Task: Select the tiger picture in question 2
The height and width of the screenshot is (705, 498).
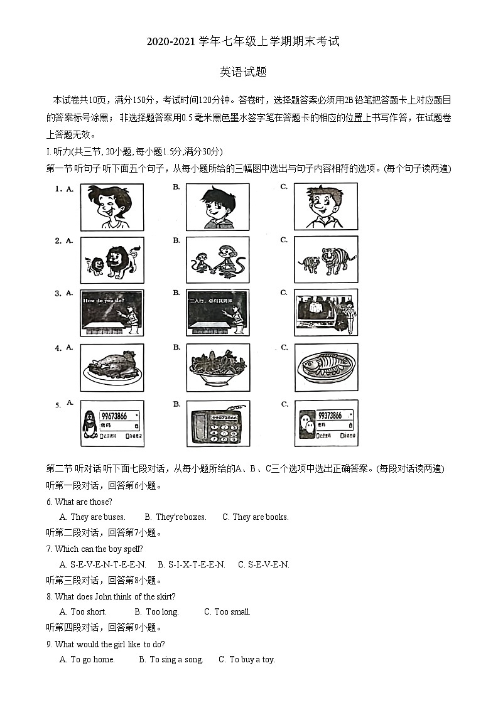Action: tap(326, 260)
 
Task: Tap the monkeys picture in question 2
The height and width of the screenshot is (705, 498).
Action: tap(218, 260)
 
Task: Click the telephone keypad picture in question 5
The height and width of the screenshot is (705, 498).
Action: tap(218, 424)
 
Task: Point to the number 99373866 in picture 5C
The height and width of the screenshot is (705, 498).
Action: tap(330, 416)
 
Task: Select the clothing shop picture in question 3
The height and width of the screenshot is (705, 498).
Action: tap(326, 312)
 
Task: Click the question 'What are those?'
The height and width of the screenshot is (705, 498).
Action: tap(83, 502)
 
